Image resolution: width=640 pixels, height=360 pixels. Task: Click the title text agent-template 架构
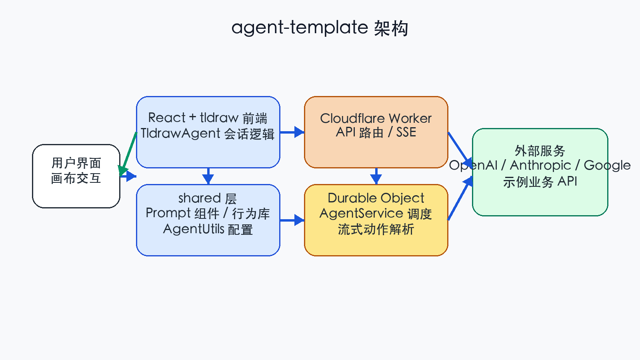(320, 28)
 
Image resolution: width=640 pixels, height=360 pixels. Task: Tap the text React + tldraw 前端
(208, 118)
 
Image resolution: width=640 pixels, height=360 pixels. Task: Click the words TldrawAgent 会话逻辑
(208, 133)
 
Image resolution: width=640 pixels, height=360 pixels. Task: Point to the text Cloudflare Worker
(376, 118)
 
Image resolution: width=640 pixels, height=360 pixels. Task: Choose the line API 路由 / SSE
(376, 132)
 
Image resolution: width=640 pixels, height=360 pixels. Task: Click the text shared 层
(208, 198)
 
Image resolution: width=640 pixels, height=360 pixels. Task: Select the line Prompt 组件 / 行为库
(208, 213)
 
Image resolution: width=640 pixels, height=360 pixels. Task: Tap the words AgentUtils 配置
(208, 229)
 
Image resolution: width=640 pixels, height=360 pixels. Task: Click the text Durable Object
(376, 198)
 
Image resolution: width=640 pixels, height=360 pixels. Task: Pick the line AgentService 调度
(376, 213)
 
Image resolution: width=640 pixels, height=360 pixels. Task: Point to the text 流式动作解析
(376, 229)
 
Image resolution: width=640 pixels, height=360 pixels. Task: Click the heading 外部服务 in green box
(540, 151)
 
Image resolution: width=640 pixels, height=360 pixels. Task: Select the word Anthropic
(540, 165)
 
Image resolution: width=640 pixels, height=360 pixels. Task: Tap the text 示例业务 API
(540, 182)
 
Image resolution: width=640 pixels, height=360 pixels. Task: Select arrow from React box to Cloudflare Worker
(292, 132)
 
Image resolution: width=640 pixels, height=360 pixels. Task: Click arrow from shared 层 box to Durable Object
(292, 220)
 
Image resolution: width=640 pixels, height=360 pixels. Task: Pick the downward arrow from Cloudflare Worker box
(376, 176)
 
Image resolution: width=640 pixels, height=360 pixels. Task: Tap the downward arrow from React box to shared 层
(208, 176)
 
